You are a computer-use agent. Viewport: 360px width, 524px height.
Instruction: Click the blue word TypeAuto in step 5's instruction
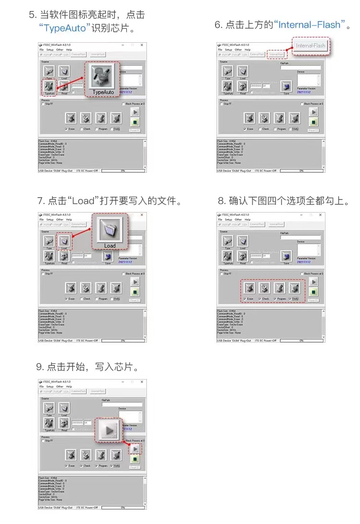(x=65, y=28)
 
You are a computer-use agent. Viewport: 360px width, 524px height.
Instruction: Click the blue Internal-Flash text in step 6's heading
(x=310, y=24)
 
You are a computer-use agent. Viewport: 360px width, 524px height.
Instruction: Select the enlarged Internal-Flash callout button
(x=311, y=46)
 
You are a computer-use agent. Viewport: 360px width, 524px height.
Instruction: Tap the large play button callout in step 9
(x=109, y=430)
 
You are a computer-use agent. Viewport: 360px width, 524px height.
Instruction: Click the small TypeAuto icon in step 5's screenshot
(x=49, y=86)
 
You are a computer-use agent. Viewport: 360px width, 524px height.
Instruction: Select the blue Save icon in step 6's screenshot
(x=287, y=86)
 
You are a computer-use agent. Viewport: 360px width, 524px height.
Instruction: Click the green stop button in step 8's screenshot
(x=313, y=292)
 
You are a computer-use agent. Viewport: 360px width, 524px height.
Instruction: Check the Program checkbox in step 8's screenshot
(x=275, y=298)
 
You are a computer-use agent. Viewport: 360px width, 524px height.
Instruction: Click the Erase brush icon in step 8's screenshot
(x=249, y=288)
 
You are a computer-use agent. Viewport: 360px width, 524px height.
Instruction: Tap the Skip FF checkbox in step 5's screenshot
(x=43, y=104)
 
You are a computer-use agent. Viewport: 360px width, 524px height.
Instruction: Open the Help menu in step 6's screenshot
(x=247, y=50)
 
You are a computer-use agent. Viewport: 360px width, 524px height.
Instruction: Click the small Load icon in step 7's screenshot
(x=64, y=241)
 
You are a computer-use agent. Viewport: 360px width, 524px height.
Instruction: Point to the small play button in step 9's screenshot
(x=135, y=449)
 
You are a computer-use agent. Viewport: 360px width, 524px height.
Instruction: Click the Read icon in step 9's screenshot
(x=64, y=423)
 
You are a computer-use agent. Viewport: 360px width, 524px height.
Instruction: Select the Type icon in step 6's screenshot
(x=228, y=71)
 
